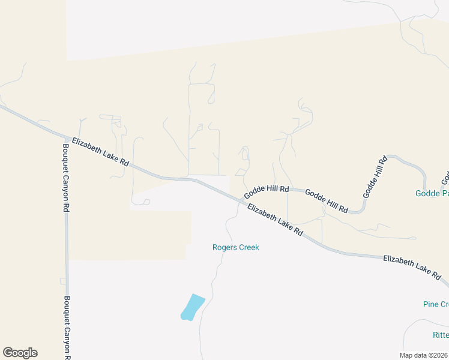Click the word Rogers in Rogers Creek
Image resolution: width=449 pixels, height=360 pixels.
(224, 247)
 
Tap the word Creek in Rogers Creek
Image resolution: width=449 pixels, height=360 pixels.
(248, 247)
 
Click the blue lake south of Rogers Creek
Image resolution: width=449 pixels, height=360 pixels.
(192, 307)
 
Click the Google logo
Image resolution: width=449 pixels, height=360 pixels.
(20, 353)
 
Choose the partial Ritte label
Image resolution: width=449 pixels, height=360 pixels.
(440, 335)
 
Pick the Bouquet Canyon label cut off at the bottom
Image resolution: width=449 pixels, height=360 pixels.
(67, 328)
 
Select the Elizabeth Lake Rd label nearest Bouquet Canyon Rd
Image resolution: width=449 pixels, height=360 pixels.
(100, 152)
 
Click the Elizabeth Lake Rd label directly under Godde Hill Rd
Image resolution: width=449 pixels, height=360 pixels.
(275, 220)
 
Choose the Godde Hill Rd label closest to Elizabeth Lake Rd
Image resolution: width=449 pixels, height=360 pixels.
(266, 192)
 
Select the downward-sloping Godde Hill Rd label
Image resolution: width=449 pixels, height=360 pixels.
(326, 201)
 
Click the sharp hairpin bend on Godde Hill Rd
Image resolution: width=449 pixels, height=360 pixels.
(362, 211)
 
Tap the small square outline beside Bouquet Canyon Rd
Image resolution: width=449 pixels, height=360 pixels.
(62, 281)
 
